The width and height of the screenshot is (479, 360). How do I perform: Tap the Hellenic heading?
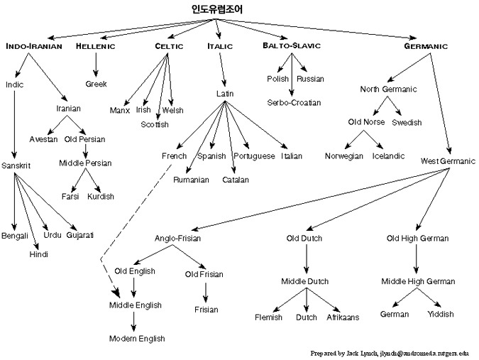(96, 46)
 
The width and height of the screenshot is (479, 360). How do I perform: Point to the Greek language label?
(96, 84)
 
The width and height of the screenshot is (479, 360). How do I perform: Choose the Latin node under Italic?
(225, 94)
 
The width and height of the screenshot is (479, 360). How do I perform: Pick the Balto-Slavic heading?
(291, 46)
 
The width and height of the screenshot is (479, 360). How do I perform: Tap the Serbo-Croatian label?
(292, 102)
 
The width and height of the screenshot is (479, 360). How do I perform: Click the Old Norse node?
(366, 122)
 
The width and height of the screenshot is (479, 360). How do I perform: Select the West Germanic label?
(447, 161)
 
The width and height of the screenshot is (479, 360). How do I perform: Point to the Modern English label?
(138, 338)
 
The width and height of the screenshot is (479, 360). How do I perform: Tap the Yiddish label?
(440, 313)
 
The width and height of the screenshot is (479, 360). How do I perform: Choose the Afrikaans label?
(343, 317)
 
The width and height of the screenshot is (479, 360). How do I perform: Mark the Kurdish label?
(101, 196)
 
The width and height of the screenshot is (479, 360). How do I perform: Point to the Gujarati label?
(80, 234)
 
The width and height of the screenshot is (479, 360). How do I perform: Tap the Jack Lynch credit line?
(394, 352)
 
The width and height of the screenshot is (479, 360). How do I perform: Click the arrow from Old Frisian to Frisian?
(205, 292)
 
